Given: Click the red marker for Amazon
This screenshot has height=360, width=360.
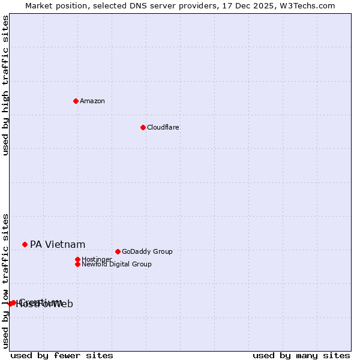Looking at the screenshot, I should [76, 101].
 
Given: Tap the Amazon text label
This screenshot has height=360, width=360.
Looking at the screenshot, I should [92, 101].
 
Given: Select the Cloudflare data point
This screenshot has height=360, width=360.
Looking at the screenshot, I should [143, 127].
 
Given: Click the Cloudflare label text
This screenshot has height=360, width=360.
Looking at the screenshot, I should [163, 127].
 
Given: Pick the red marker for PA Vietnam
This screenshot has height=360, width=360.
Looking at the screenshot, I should [25, 244].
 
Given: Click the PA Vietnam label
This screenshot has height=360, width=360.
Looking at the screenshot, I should [58, 244].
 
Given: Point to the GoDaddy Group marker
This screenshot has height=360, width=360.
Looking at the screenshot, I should [118, 251].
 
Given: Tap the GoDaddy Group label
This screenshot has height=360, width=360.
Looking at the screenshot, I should [147, 251].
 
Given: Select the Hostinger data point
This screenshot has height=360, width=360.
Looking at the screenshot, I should [77, 259].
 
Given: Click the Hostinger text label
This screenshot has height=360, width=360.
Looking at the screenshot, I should [97, 259].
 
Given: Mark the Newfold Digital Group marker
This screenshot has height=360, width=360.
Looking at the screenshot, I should [77, 264].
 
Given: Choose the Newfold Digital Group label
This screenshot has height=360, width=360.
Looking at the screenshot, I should [116, 264].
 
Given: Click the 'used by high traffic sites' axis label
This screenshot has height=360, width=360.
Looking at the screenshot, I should [5, 85].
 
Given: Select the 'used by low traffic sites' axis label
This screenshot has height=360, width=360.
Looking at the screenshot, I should [5, 280].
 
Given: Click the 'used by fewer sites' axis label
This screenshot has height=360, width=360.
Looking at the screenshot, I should [62, 355].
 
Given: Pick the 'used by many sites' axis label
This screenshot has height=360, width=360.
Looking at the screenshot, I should [301, 355].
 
